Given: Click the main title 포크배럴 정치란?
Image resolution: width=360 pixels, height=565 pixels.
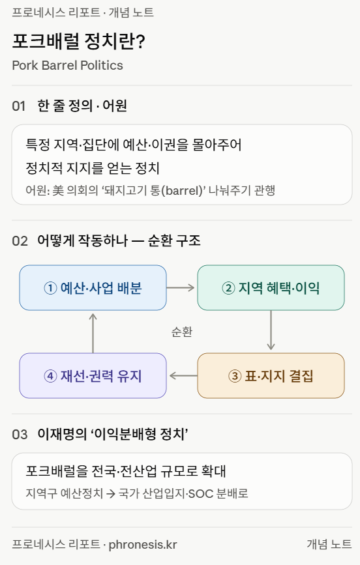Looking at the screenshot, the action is click(x=79, y=40).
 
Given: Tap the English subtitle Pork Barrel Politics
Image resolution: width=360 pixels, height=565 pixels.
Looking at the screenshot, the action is click(x=67, y=65).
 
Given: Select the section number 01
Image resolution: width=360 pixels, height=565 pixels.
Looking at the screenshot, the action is click(x=19, y=106).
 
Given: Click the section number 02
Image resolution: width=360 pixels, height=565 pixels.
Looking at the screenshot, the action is click(x=20, y=241).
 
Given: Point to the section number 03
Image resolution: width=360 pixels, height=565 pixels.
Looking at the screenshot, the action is click(x=20, y=434).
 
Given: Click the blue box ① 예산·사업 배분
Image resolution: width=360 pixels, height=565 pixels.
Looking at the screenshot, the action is click(x=93, y=287).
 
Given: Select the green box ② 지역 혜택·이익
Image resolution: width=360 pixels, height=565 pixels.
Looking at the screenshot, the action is click(x=271, y=287).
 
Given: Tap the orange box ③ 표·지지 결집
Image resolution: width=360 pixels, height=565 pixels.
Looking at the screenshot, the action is click(x=271, y=375).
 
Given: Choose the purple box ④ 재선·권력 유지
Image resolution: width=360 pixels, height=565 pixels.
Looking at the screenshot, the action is click(x=93, y=375).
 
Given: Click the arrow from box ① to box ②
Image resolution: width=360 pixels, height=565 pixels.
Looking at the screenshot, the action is click(x=181, y=287).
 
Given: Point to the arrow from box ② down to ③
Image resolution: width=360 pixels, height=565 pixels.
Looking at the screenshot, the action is click(x=271, y=330).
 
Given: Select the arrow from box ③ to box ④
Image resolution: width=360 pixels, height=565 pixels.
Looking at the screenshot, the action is click(x=183, y=376).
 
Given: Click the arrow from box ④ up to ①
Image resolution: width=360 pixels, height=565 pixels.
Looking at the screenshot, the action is click(x=93, y=333).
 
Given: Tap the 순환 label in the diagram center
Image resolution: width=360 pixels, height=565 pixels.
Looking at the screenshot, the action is click(x=182, y=332).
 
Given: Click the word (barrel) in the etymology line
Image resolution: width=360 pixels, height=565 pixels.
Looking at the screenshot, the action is click(x=182, y=190).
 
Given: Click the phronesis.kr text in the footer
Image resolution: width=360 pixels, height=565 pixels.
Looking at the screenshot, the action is click(x=143, y=544).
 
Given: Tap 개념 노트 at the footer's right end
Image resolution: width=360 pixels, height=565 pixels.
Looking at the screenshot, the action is click(x=329, y=544).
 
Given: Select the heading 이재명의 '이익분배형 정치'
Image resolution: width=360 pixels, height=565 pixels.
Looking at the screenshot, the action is click(x=113, y=434).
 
